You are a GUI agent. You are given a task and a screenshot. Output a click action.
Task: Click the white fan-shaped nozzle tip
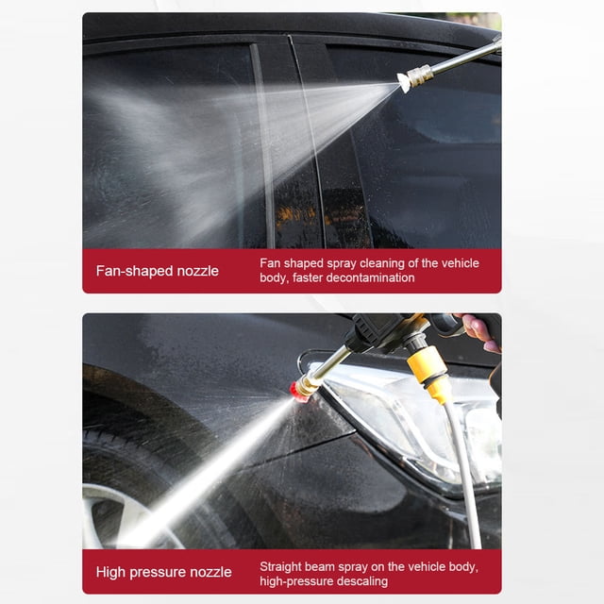pos(404,82)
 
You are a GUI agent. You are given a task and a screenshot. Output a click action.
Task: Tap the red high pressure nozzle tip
pos(297,393)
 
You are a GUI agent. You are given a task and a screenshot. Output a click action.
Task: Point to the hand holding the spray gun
pos(479,332)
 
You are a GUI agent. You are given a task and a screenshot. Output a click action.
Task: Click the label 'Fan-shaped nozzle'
pos(158,271)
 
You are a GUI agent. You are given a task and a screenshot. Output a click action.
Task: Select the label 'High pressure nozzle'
pos(163,572)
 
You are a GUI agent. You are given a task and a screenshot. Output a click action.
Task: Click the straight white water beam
pos(208,474)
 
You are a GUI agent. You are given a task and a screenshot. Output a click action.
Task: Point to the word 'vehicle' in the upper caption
pos(460,263)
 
